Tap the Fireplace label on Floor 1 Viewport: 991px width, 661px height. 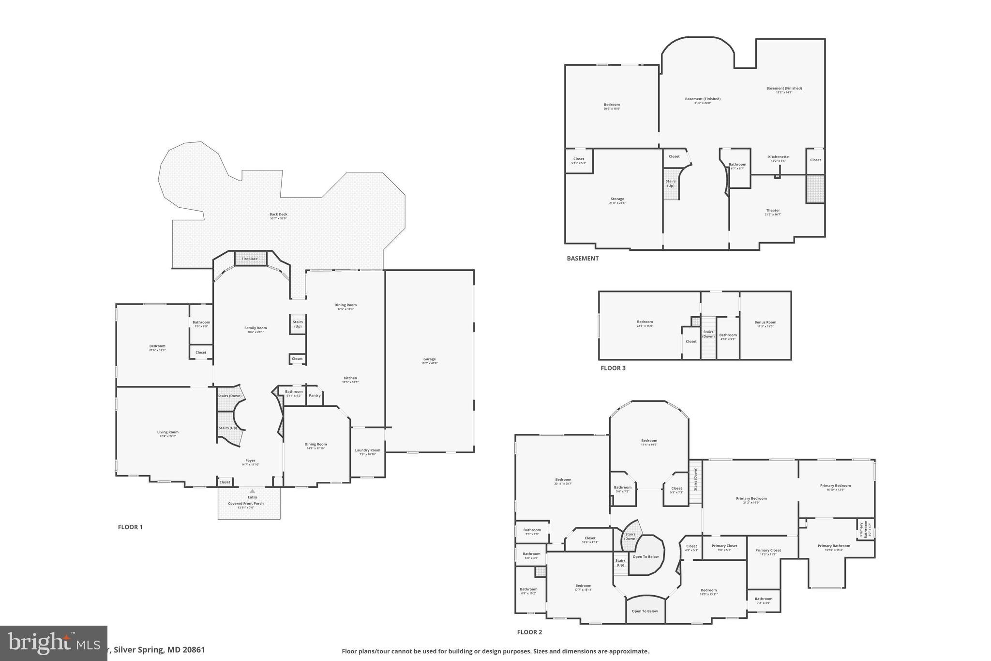(x=250, y=259)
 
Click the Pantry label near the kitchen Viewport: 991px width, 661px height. (x=315, y=396)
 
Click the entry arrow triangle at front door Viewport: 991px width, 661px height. (x=252, y=491)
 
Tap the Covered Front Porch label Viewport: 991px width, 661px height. (x=246, y=504)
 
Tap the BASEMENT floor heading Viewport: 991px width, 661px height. (x=583, y=259)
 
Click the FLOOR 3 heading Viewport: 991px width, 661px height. (x=613, y=368)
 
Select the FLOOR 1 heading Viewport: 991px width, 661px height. (x=130, y=527)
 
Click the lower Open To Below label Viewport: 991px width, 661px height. (x=645, y=611)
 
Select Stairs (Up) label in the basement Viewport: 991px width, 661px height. (x=670, y=184)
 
